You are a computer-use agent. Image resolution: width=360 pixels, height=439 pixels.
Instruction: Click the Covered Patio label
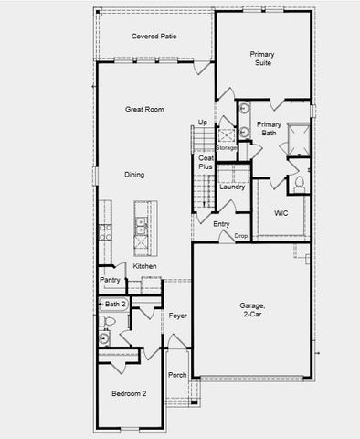(x=154, y=37)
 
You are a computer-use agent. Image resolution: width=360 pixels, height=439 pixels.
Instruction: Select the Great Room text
(x=144, y=109)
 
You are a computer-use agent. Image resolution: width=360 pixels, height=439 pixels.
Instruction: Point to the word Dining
(x=134, y=175)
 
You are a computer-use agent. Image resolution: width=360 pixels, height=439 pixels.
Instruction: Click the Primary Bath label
(x=269, y=129)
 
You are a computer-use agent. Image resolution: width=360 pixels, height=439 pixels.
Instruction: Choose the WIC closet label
(x=281, y=212)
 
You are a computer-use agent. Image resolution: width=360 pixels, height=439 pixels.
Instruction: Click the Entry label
(x=221, y=224)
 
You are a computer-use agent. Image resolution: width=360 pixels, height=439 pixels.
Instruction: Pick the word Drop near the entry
(x=241, y=236)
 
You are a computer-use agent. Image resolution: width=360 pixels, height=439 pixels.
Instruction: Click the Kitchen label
(x=144, y=266)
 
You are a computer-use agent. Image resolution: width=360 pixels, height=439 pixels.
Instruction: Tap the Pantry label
(x=110, y=280)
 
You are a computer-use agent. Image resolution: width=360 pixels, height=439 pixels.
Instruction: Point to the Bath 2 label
(x=113, y=304)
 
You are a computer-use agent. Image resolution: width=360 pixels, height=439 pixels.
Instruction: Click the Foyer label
(x=177, y=316)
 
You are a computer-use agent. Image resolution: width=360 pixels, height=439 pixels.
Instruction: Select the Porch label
(x=177, y=375)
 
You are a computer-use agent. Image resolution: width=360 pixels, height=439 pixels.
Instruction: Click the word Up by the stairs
(x=202, y=123)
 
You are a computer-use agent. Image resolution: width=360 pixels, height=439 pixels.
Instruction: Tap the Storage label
(x=226, y=146)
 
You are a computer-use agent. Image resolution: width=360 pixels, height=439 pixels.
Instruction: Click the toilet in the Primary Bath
(x=299, y=184)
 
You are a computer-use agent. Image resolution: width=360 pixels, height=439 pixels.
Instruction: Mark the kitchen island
(x=142, y=229)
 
